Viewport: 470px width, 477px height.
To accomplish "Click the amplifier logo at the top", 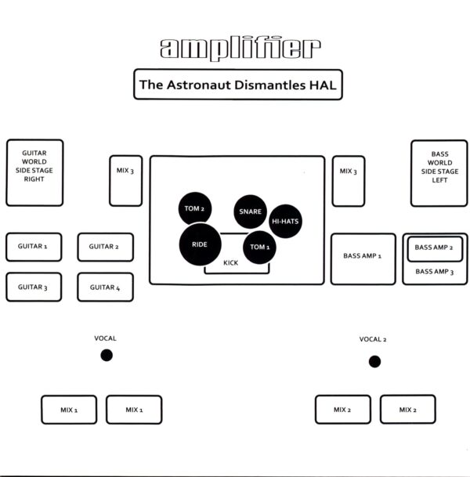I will point(240,49).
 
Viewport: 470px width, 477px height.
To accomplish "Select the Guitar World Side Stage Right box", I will point(34,172).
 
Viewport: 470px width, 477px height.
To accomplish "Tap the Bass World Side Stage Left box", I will point(439,172).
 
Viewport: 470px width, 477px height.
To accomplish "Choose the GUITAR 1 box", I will point(33,247).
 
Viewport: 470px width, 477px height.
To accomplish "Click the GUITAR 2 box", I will point(104,247).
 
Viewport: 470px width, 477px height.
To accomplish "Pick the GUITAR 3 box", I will point(33,287).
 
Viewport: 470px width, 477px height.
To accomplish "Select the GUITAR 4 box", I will point(104,287).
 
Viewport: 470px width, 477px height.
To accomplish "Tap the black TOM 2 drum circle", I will point(194,208).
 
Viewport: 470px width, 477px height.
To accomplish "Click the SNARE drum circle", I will point(251,211).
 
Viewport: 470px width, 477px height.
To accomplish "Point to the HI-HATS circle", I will point(285,221).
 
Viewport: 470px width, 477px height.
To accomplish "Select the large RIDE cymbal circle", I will point(200,244).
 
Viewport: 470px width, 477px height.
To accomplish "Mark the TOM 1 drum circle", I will point(259,247).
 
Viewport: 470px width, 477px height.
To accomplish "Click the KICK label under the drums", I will point(230,263).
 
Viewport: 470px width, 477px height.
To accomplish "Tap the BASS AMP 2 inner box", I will point(434,247).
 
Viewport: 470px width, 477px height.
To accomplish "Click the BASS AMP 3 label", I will point(434,272).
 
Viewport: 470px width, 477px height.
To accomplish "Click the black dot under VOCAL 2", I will point(374,361).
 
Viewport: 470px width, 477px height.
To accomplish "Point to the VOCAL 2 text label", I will point(373,339).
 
